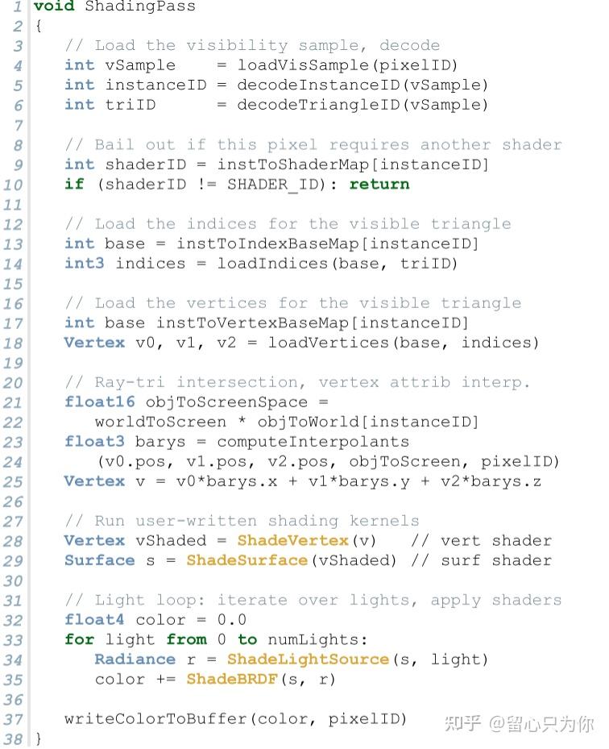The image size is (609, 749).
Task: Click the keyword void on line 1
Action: (x=54, y=7)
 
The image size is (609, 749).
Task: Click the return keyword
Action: (x=379, y=185)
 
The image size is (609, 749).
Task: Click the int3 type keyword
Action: (x=85, y=264)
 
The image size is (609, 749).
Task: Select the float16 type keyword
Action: (x=94, y=402)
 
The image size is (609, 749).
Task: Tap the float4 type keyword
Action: (x=89, y=620)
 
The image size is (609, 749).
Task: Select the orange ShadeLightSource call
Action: (x=308, y=660)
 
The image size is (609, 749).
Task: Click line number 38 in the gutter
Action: (x=14, y=739)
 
